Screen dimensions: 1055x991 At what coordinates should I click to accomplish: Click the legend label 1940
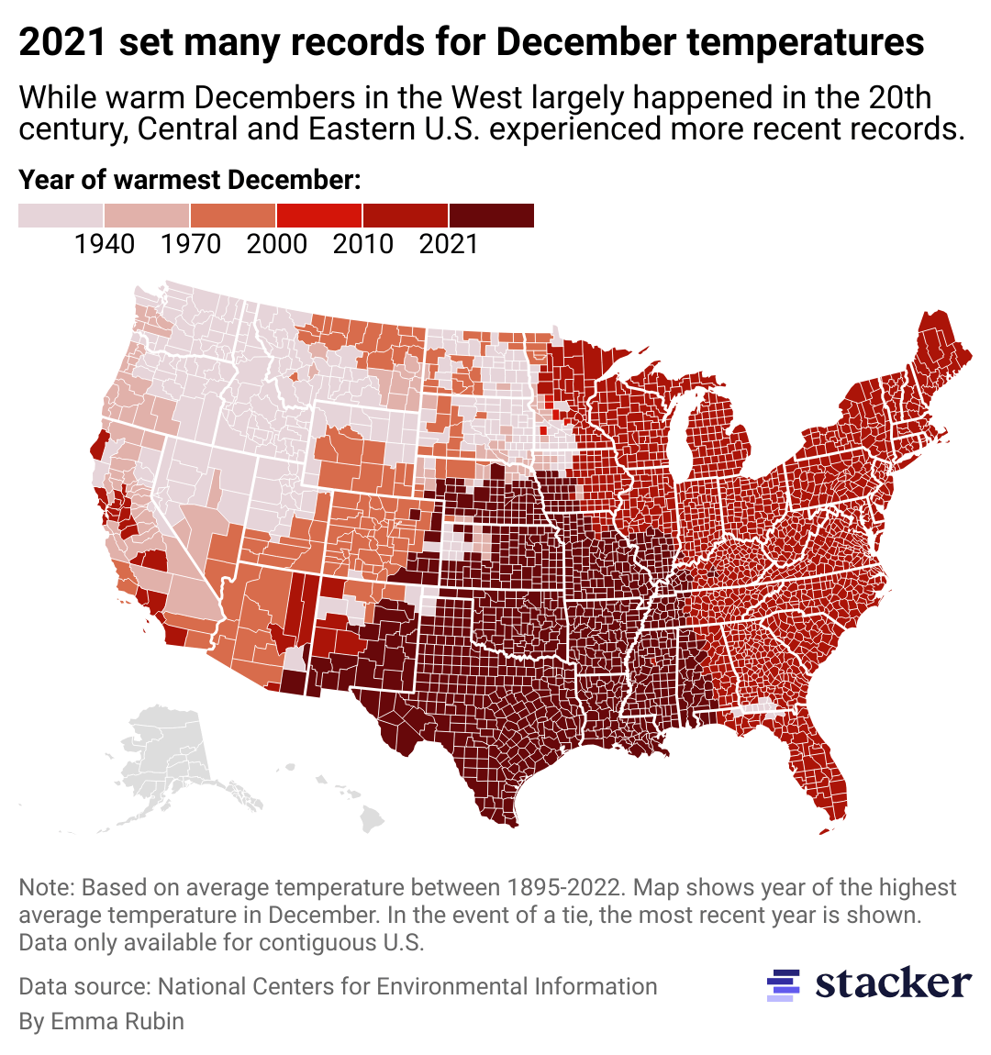[x=105, y=244]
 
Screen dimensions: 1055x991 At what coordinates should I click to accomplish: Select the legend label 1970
[x=191, y=244]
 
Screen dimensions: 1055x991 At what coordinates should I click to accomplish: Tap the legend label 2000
[x=277, y=244]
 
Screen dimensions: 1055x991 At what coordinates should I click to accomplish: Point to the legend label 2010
[x=363, y=244]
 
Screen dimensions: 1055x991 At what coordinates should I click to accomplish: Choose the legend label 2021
[x=449, y=244]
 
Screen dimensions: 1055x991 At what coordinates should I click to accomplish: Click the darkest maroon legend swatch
[x=492, y=216]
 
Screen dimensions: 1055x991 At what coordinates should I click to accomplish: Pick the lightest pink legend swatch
[x=61, y=216]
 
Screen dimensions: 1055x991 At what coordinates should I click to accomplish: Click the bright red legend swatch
[x=319, y=216]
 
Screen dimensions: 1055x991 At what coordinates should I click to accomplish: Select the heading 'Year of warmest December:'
[x=190, y=180]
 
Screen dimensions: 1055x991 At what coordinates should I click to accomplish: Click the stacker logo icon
[x=783, y=984]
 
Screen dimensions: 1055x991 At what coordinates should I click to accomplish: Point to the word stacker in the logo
[x=893, y=983]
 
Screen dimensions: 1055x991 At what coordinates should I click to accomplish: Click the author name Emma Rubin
[x=117, y=1021]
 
